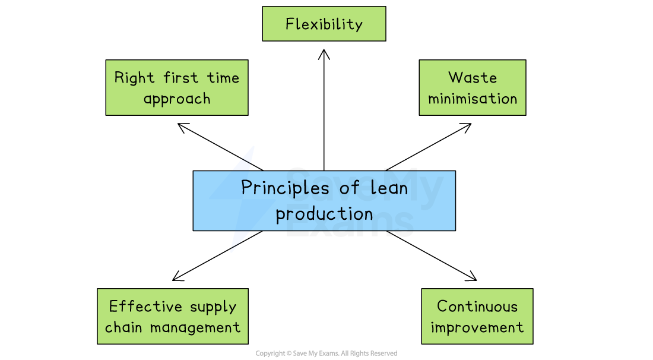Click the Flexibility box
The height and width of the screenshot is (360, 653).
324,24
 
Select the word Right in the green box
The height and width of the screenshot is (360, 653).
134,78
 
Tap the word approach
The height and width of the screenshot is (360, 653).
177,99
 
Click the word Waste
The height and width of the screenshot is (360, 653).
473,78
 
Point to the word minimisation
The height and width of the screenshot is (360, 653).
473,99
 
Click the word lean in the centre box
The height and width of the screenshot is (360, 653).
389,189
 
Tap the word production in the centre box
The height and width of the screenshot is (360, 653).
324,214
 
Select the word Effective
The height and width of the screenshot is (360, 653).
137,307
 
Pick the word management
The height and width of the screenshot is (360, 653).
195,328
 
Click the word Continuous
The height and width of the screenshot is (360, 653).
477,307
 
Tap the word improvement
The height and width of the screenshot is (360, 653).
477,328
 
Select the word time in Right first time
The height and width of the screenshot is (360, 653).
223,78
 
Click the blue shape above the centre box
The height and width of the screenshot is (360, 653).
245,159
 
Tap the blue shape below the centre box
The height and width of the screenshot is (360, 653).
239,241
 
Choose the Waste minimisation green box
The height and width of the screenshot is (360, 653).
473,87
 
